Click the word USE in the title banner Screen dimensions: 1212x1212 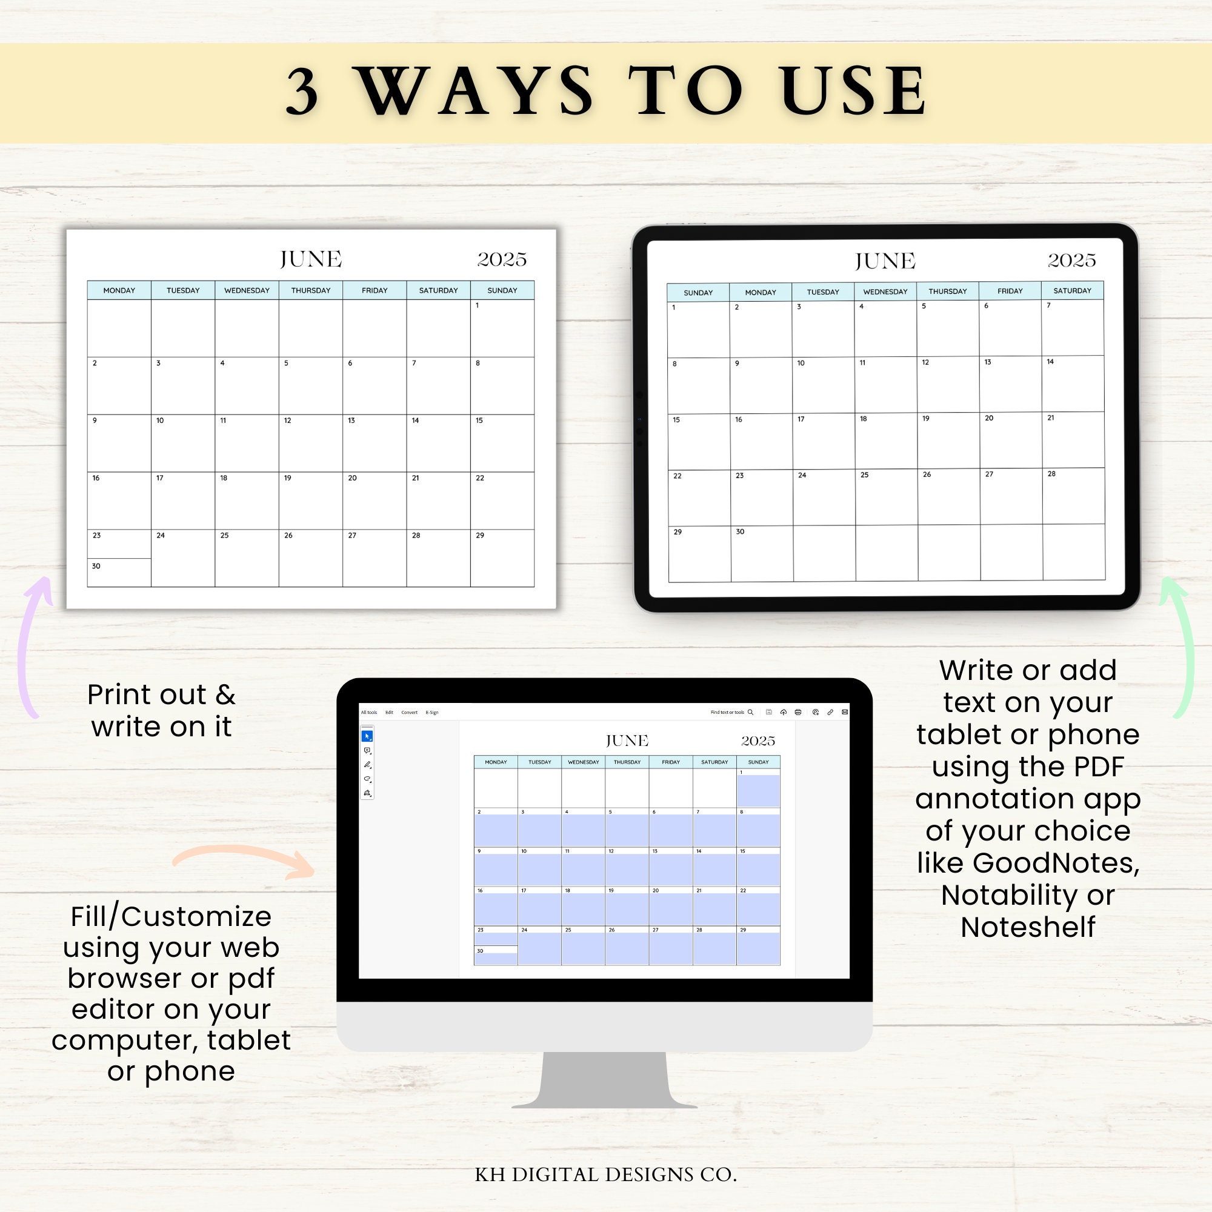[854, 91]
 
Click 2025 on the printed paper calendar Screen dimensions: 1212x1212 [502, 259]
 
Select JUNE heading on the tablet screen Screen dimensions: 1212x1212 [885, 261]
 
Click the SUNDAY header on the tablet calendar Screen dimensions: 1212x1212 [698, 292]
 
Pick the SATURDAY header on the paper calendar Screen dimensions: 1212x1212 [438, 290]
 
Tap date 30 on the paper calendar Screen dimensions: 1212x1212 [96, 566]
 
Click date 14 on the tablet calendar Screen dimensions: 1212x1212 [1050, 362]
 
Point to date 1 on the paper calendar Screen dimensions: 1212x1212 [478, 305]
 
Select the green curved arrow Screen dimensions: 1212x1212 [1182, 646]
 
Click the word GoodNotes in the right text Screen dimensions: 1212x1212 [1055, 863]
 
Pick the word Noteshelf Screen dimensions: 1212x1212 [1028, 927]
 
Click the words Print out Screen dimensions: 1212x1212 [146, 695]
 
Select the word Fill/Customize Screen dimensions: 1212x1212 [171, 916]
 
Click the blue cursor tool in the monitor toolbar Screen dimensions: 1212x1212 [367, 736]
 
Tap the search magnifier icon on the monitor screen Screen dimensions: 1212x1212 [750, 712]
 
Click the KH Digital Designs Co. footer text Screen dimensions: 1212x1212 [605, 1174]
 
